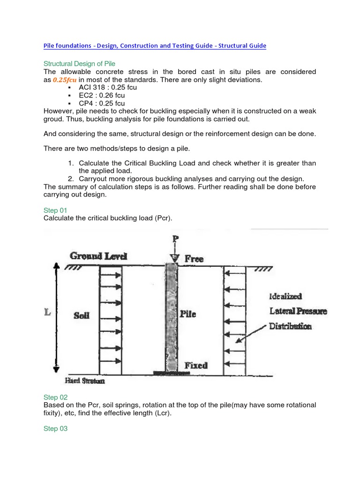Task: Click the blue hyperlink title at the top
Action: [155, 45]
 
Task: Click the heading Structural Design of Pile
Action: [79, 63]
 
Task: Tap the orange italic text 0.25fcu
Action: [64, 80]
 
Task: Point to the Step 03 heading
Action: [55, 428]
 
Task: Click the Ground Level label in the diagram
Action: [98, 256]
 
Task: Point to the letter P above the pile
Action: [176, 240]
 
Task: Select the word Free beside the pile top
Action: [194, 259]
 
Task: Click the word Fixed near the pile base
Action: [196, 365]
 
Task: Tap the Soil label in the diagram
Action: [81, 315]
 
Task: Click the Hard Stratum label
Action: [85, 381]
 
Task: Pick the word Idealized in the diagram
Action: [285, 296]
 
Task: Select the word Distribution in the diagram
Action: [290, 326]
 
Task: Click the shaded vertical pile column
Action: [171, 319]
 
